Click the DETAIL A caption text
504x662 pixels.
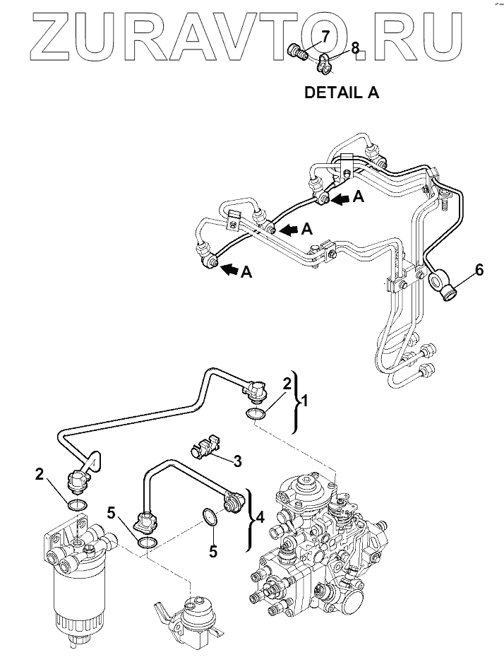[341, 93]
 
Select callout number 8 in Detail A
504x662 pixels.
[355, 47]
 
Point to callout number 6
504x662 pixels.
[479, 270]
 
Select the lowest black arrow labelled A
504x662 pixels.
[230, 268]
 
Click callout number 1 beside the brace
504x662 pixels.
[305, 401]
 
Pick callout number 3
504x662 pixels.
[237, 461]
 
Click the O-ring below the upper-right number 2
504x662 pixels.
[256, 413]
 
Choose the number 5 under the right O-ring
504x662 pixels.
[212, 550]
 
